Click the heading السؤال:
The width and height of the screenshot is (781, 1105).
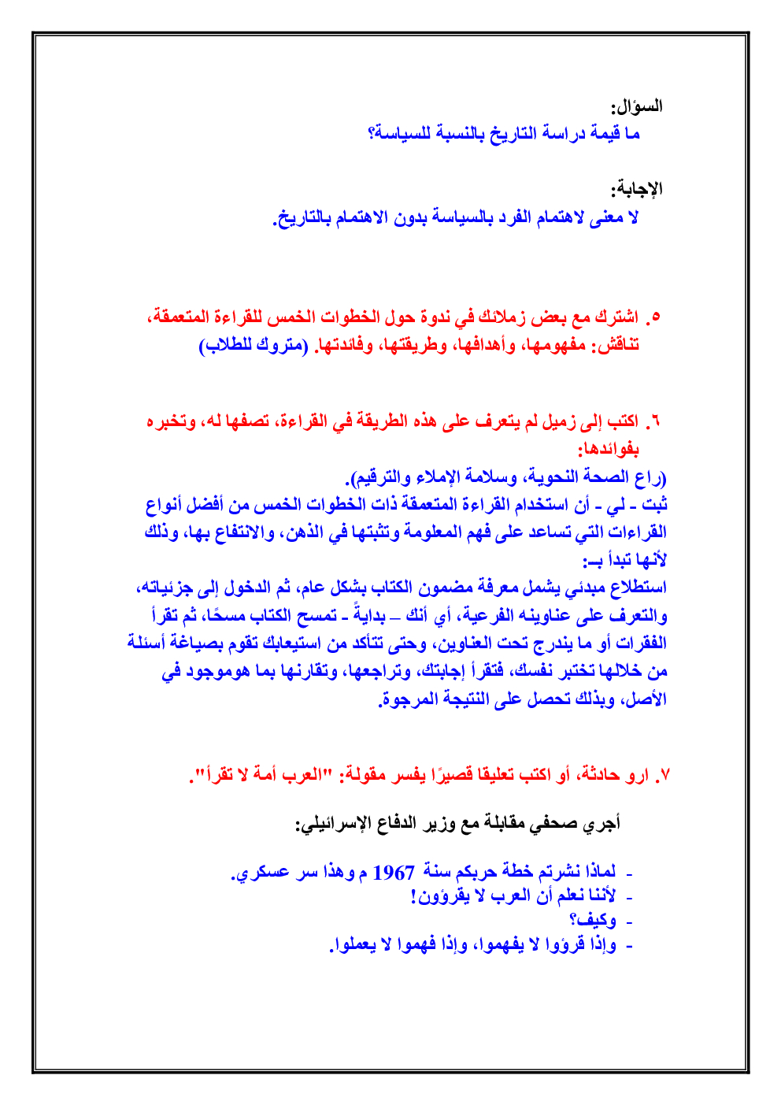(637, 106)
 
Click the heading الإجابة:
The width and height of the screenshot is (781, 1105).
(637, 189)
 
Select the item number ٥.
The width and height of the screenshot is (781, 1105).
(653, 317)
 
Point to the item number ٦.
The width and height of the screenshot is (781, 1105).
(653, 421)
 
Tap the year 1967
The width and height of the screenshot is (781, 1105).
(394, 873)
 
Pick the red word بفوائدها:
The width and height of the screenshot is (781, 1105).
(609, 450)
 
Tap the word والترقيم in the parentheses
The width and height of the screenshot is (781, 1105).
(381, 477)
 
